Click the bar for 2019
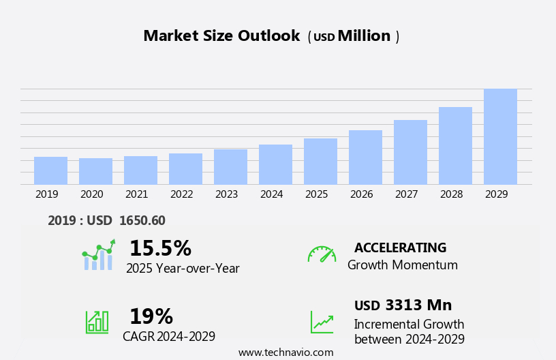click(50, 170)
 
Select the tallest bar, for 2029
click(500, 136)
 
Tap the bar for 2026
click(365, 157)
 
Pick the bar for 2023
click(230, 166)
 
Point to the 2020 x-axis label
click(91, 194)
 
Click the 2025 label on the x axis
click(316, 194)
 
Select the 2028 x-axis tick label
click(451, 194)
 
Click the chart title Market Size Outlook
click(221, 36)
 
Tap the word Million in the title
click(364, 36)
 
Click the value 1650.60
click(142, 221)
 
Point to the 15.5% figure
click(160, 249)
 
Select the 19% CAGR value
click(151, 317)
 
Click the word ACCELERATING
click(400, 248)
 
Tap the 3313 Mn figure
click(418, 305)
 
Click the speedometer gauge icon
click(322, 255)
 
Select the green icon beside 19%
click(97, 321)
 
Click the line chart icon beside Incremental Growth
click(322, 322)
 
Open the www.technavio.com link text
click(285, 352)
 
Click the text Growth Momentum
click(402, 265)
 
